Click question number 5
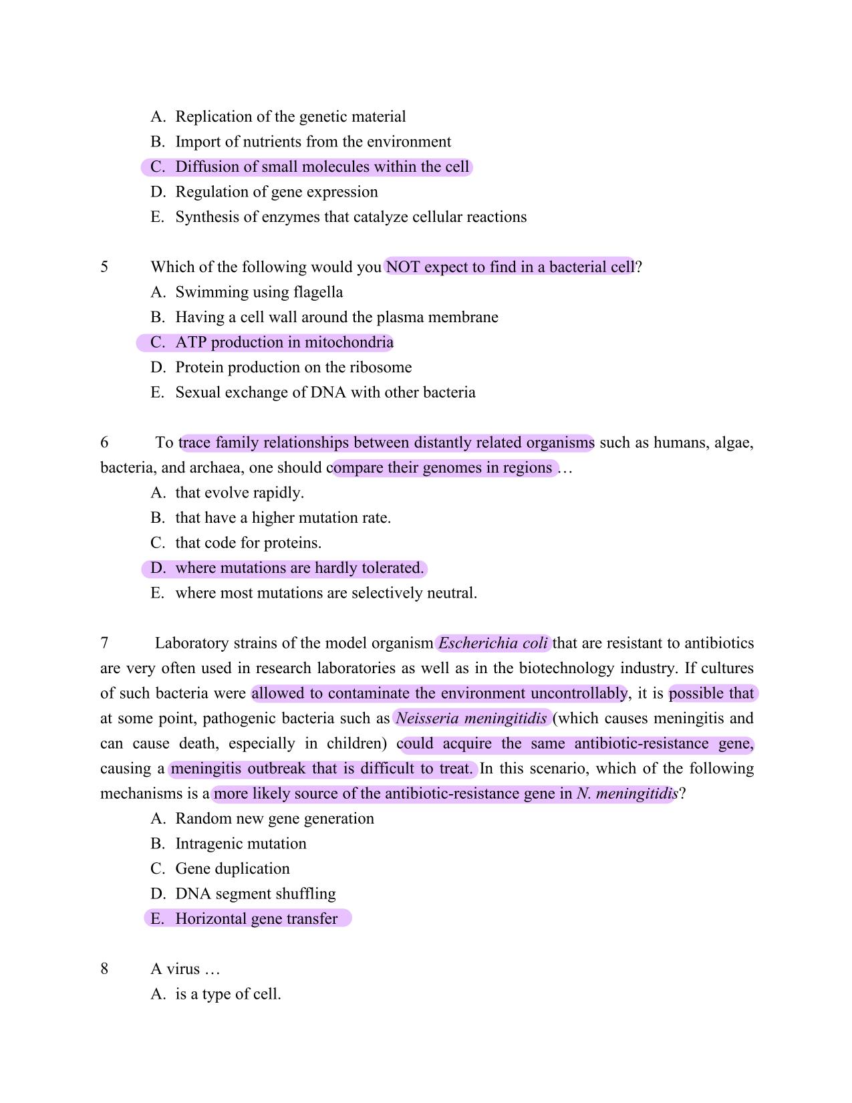(x=104, y=267)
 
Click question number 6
(x=104, y=443)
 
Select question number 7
(x=104, y=643)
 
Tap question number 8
(x=104, y=969)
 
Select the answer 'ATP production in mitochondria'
(x=284, y=342)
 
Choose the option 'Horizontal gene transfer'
(x=256, y=918)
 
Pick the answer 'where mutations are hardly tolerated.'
(x=299, y=568)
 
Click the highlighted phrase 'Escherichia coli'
(x=493, y=643)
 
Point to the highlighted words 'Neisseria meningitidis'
(x=472, y=719)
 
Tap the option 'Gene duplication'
(x=233, y=868)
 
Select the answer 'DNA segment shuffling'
(x=255, y=894)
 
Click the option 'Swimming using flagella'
(x=259, y=292)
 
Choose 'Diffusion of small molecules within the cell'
(x=322, y=167)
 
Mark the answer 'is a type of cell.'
(x=228, y=994)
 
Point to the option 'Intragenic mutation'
(x=241, y=844)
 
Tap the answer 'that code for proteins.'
(x=248, y=543)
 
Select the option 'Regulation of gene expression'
(x=277, y=192)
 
